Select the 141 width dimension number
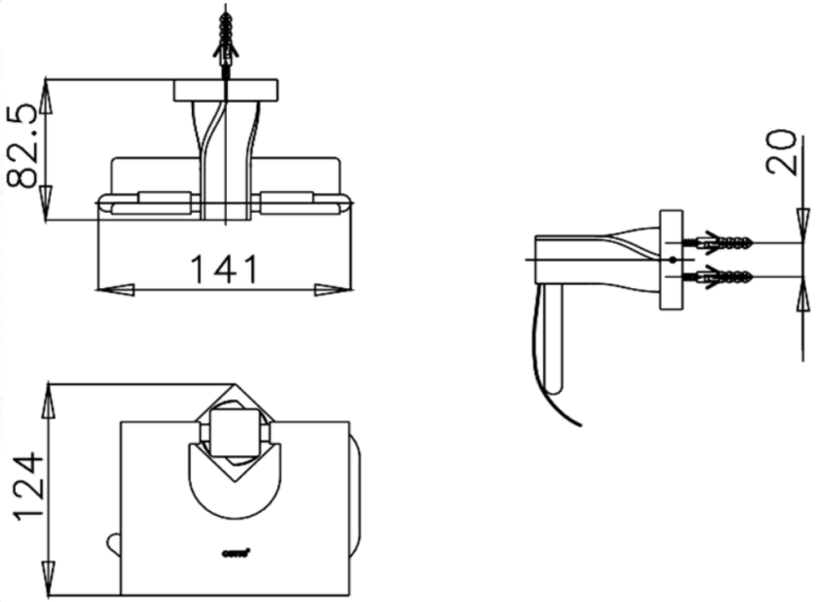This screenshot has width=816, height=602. (224, 269)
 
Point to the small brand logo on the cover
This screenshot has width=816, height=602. (237, 550)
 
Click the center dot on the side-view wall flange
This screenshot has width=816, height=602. (672, 260)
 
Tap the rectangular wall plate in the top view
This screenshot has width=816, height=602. (226, 90)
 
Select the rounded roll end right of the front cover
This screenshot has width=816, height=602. (355, 501)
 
